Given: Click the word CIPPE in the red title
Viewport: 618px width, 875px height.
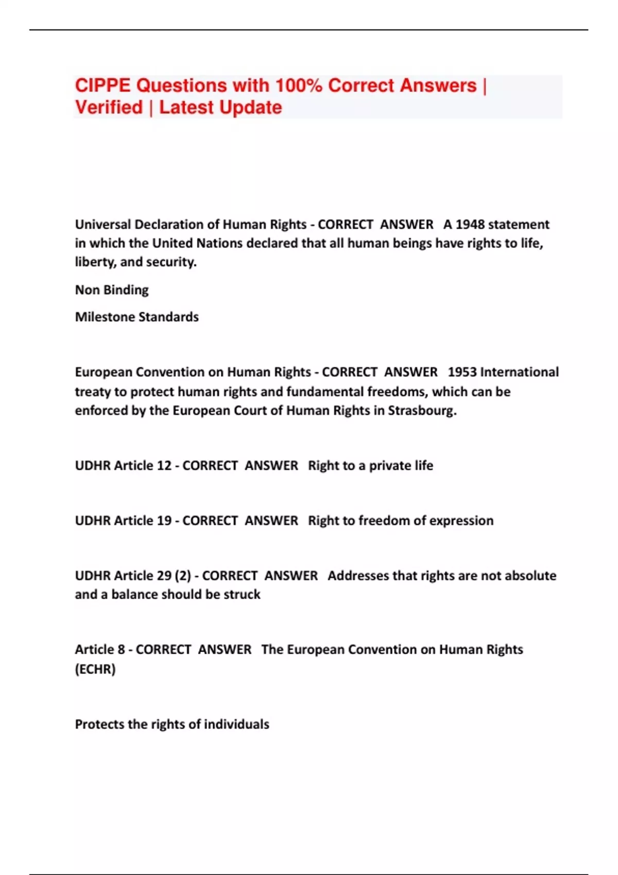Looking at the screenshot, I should [x=102, y=85].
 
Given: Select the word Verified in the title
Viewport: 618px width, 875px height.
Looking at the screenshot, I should [x=109, y=108].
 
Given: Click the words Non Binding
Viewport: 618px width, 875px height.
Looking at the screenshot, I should [x=112, y=290].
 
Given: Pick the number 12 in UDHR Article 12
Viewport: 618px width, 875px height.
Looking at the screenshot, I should [x=164, y=466].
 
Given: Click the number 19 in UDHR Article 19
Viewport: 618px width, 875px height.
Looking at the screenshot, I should [x=164, y=521].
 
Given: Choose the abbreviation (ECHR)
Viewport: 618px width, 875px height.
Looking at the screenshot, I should [x=95, y=669].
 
